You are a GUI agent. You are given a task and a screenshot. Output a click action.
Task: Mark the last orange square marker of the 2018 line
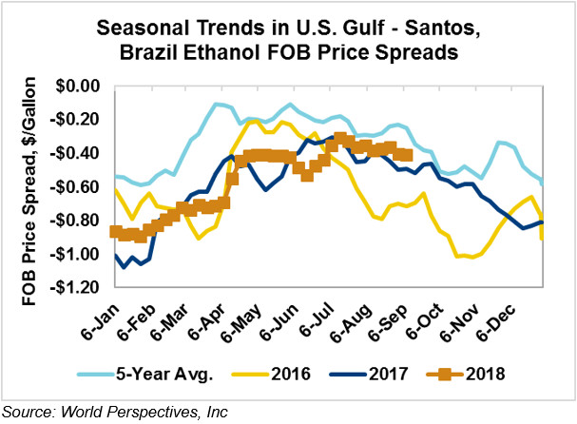point(407,155)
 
